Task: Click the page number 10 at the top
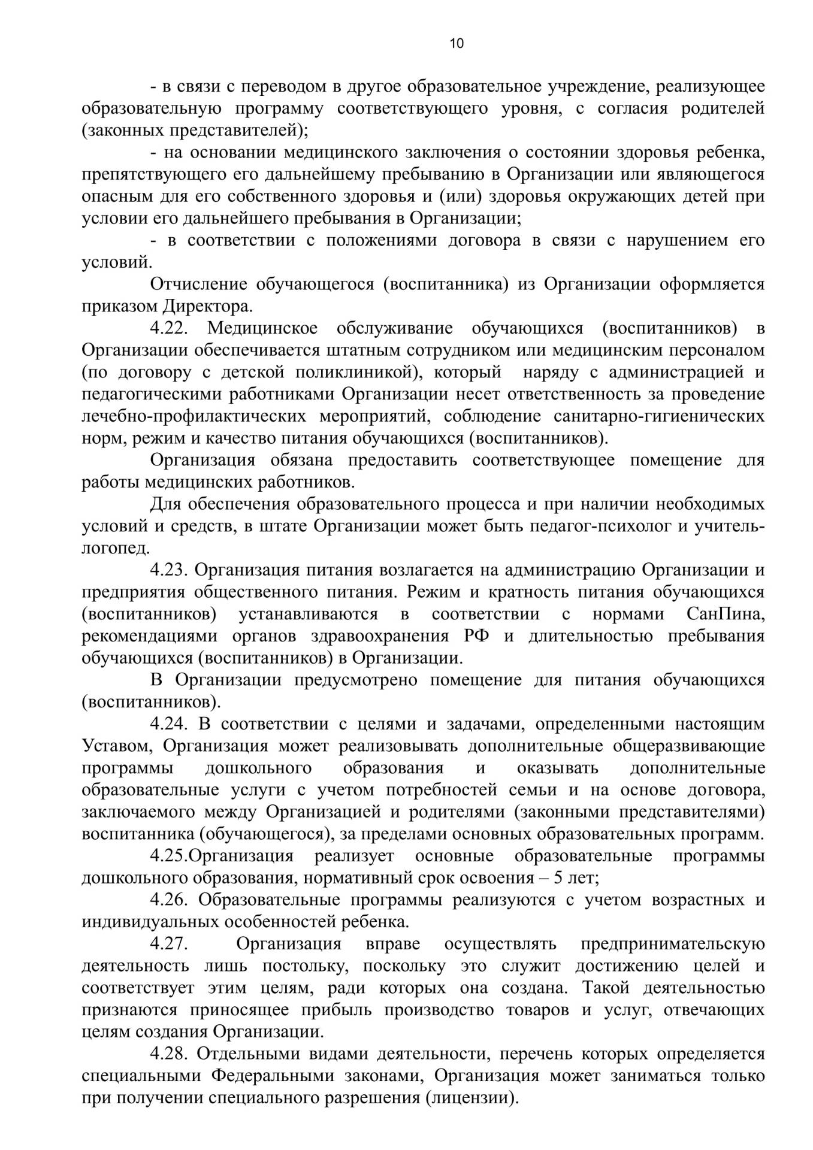456,44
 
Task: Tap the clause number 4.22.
170,328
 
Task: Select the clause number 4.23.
170,570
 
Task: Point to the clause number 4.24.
170,724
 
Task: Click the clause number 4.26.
170,900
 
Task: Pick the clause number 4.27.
170,945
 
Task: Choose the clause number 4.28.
170,1054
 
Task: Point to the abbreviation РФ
476,636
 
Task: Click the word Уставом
117,746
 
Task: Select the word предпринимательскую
673,945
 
